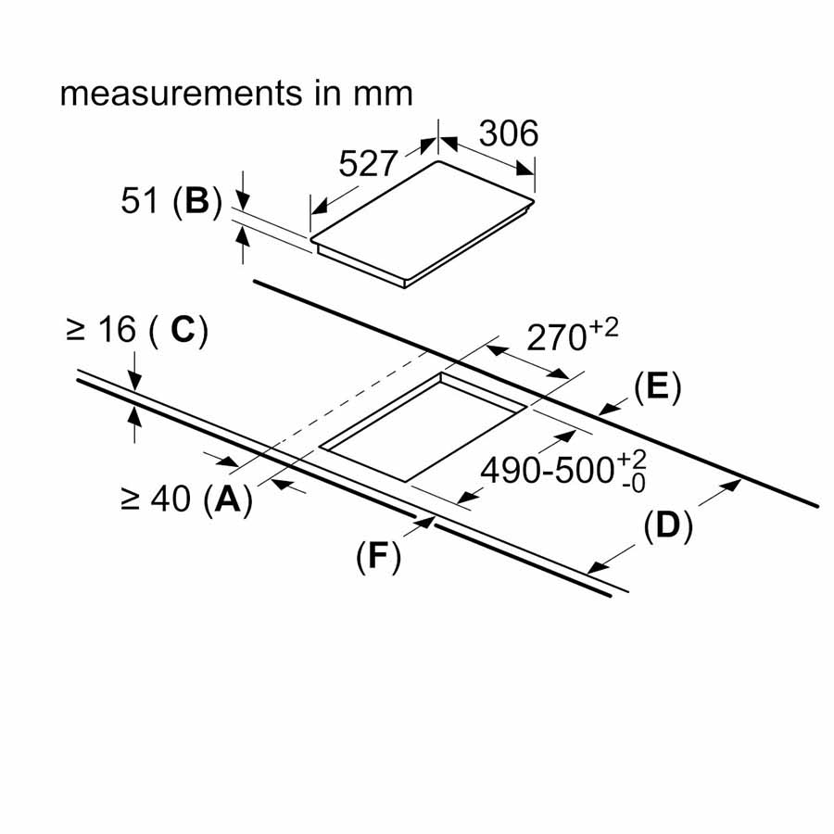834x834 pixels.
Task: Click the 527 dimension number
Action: click(368, 164)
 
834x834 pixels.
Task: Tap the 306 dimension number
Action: click(509, 133)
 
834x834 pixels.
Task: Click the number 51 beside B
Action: click(141, 201)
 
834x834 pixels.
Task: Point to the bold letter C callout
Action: click(183, 330)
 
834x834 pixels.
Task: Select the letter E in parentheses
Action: click(657, 388)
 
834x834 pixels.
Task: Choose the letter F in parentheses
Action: click(378, 555)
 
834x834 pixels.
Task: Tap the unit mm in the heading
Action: click(382, 95)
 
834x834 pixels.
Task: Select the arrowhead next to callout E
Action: click(607, 408)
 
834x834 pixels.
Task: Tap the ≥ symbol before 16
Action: click(76, 330)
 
